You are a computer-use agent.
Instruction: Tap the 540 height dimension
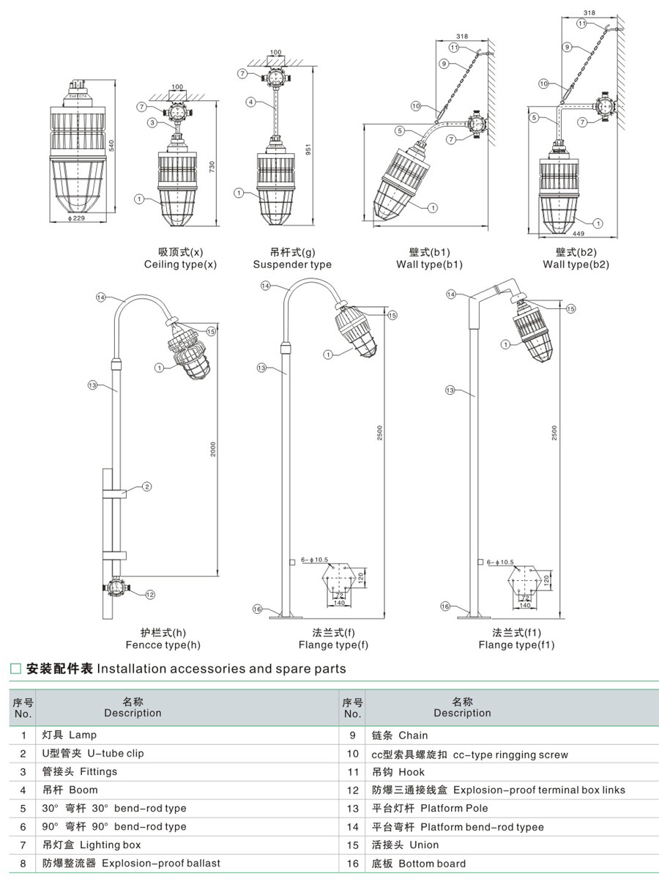(x=112, y=145)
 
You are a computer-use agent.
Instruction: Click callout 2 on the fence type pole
(x=146, y=486)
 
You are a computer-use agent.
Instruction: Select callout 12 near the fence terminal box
(x=149, y=594)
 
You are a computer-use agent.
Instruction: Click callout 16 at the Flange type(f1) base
(x=445, y=606)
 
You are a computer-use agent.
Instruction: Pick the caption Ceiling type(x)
(x=180, y=264)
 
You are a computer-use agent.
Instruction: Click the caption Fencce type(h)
(x=163, y=645)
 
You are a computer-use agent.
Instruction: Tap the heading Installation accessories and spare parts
(x=221, y=668)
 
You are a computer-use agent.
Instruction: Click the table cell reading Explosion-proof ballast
(x=160, y=863)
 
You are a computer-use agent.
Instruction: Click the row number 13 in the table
(x=352, y=808)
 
